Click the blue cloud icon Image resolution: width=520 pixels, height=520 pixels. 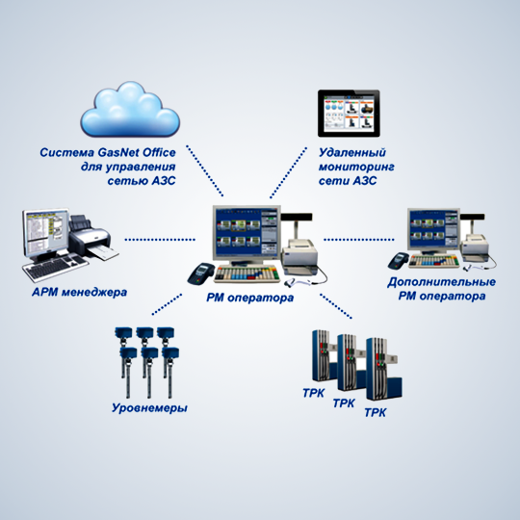click(130, 110)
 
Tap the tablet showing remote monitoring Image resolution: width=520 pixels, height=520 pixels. click(349, 114)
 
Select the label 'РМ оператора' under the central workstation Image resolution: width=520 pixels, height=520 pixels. click(250, 298)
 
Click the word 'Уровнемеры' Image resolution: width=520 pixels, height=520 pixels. click(149, 407)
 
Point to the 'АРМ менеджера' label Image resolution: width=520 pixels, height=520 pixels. click(80, 292)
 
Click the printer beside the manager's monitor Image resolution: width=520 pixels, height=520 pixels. click(92, 237)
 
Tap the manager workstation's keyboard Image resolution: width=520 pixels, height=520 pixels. click(55, 267)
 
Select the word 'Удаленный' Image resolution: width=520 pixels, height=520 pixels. click(352, 153)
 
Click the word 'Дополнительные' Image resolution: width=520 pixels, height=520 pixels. click(441, 282)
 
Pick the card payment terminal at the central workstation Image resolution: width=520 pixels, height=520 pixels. click(201, 273)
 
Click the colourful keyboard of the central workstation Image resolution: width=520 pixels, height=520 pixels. click(247, 273)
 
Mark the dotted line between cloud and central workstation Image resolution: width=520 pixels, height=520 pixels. click(204, 170)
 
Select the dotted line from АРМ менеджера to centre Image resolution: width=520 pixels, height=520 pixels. click(160, 240)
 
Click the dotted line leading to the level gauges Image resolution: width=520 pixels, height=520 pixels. click(167, 303)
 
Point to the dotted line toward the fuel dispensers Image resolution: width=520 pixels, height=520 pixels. click(336, 306)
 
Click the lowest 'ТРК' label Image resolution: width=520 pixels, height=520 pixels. click(376, 413)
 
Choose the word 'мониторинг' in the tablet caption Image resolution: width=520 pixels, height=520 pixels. click(356, 168)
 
